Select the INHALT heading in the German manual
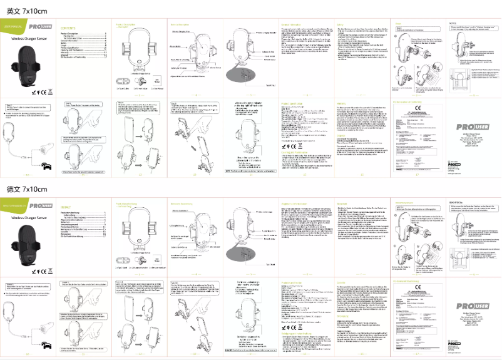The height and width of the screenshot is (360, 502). tap(66, 207)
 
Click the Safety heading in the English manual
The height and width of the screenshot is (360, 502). tap(342, 24)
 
